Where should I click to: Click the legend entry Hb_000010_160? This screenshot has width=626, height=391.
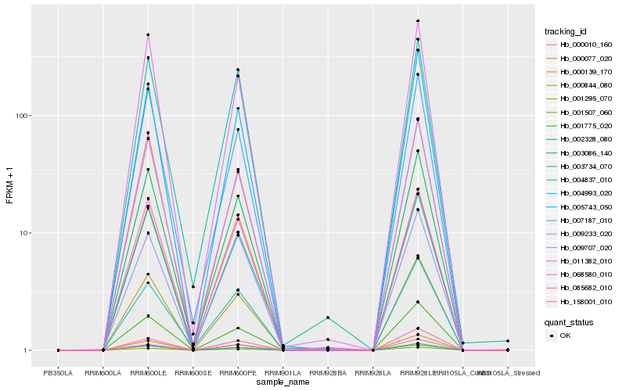click(x=580, y=45)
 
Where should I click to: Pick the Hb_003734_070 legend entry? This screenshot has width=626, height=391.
click(x=580, y=167)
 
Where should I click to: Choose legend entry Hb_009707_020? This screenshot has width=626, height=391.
click(x=580, y=247)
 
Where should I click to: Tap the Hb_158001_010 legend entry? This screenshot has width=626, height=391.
click(x=580, y=301)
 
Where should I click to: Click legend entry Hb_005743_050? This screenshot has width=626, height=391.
click(x=580, y=206)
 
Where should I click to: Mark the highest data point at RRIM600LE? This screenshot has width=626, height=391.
click(x=148, y=34)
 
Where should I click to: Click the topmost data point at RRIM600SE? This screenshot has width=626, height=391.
click(x=193, y=287)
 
